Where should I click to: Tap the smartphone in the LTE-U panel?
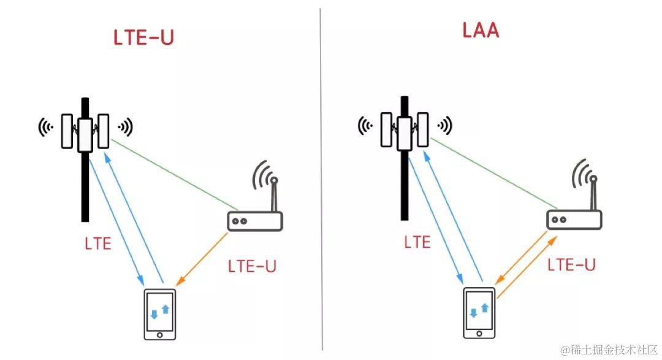tap(160, 313)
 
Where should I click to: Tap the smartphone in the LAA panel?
tap(479, 312)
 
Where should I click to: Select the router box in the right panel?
tap(574, 219)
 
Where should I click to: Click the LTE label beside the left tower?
tap(98, 243)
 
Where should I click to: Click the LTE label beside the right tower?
tap(417, 242)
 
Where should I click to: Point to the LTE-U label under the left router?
tap(252, 267)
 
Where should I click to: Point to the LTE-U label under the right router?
tap(571, 264)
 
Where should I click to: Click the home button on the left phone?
tap(160, 335)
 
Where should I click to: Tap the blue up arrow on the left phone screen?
tap(165, 307)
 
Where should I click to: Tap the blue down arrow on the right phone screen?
tap(473, 313)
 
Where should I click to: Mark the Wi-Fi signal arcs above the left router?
tap(265, 175)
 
